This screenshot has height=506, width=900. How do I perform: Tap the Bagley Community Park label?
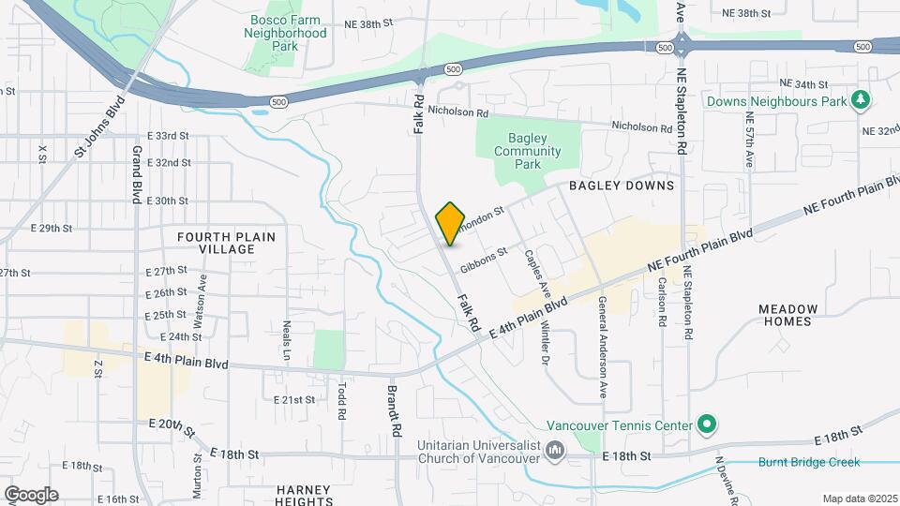[x=528, y=151]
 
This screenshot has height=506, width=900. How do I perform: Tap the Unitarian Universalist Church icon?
[x=555, y=451]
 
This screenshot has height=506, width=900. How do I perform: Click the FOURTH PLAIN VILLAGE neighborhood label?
[x=227, y=244]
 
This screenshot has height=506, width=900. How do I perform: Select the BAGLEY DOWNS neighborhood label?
[x=621, y=186]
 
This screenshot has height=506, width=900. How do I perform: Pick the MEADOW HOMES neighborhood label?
[x=787, y=315]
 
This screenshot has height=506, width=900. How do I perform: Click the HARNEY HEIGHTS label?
[x=304, y=496]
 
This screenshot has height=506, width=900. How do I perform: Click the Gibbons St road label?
[x=484, y=260]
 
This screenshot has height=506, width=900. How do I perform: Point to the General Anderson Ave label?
[x=601, y=348]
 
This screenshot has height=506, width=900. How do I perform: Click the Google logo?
[x=31, y=494]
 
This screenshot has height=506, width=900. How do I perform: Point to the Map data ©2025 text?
[x=860, y=499]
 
